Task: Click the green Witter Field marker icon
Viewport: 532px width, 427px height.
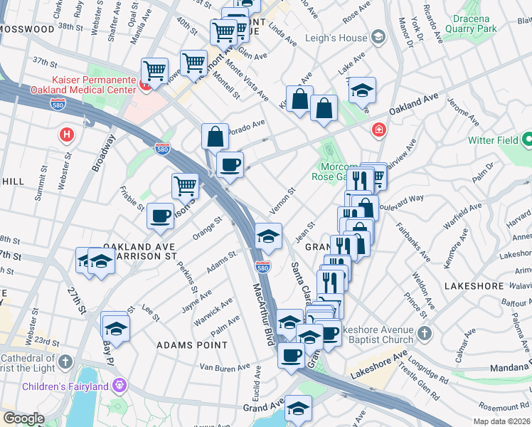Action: point(527,139)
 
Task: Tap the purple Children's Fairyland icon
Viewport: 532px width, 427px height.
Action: point(118,385)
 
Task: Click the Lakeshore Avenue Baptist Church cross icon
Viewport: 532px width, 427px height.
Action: point(424,333)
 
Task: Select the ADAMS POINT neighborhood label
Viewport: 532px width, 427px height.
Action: point(192,345)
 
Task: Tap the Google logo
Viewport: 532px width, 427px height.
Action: point(23,418)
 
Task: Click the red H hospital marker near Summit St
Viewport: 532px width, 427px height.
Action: point(67,133)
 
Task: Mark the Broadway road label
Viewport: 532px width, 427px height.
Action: point(104,153)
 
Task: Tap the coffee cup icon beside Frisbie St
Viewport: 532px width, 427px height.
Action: point(161,214)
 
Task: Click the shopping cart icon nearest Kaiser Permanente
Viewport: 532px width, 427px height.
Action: point(154,70)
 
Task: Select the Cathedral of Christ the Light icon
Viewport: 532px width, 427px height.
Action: point(65,362)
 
